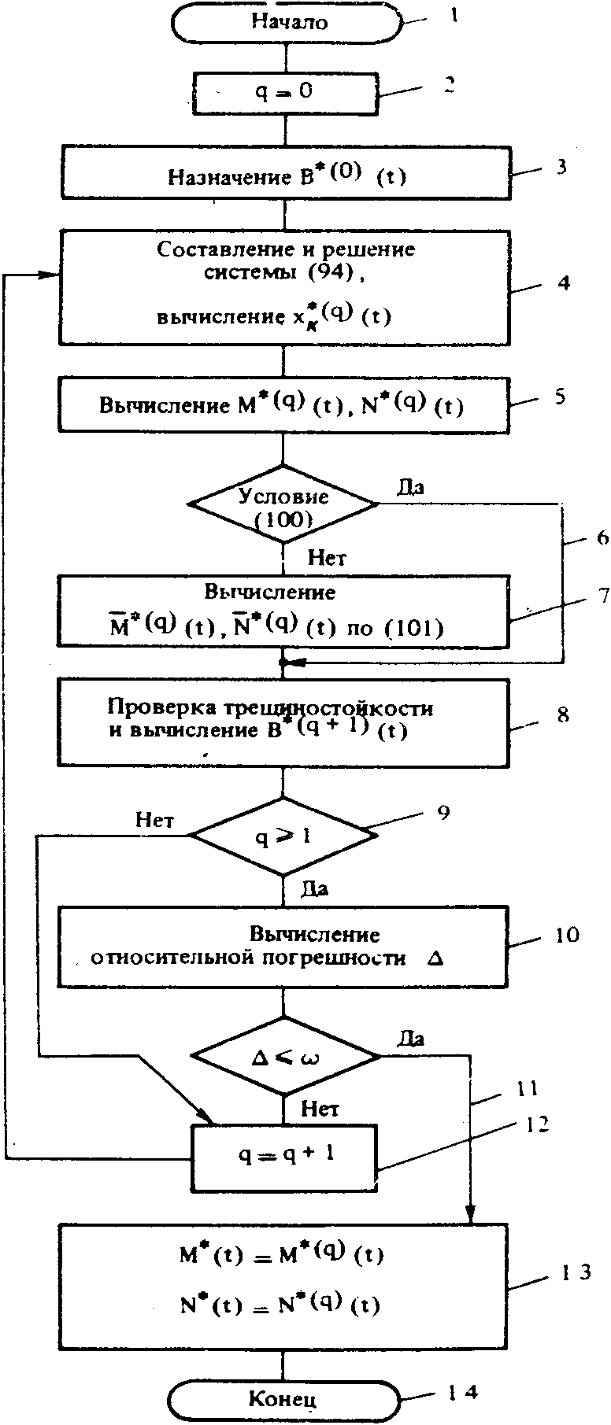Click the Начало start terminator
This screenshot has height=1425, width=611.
[x=287, y=22]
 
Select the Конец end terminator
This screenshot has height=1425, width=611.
[x=283, y=1399]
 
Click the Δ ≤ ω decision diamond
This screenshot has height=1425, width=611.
[x=285, y=1057]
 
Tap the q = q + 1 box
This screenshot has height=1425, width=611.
[x=285, y=1155]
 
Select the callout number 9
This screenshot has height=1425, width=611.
[x=443, y=811]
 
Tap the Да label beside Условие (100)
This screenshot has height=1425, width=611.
[x=409, y=487]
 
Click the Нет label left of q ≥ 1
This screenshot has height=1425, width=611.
[x=155, y=820]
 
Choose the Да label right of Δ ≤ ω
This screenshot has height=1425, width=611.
[x=411, y=1039]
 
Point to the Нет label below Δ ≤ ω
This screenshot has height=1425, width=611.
[x=321, y=1109]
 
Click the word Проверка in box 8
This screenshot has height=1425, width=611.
[x=148, y=706]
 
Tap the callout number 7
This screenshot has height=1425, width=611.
[x=604, y=596]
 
